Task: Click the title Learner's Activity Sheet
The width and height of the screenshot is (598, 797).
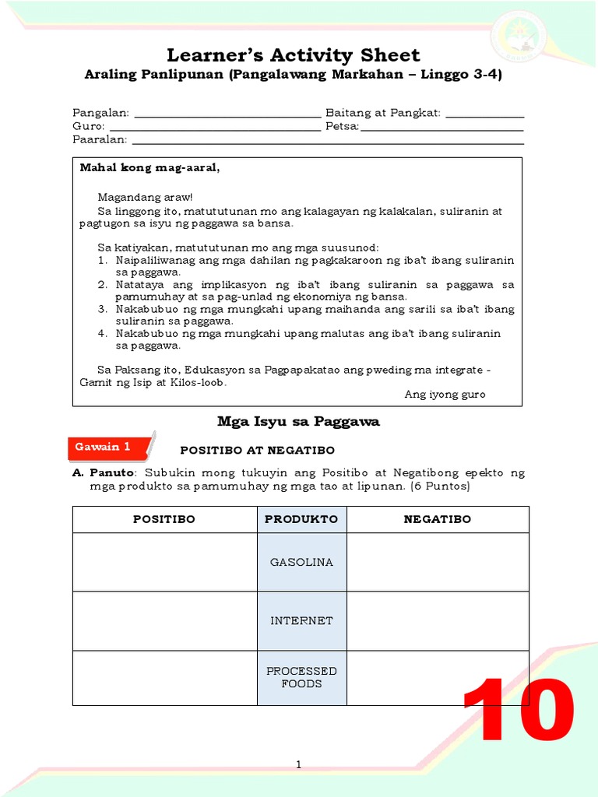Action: (x=294, y=55)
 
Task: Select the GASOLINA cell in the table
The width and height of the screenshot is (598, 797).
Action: (x=301, y=562)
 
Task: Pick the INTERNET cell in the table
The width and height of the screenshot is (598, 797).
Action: (x=301, y=621)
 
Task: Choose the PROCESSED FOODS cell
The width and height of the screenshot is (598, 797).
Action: (x=301, y=677)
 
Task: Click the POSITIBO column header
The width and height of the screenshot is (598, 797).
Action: (x=164, y=519)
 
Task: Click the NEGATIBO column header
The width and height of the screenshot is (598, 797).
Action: (x=437, y=519)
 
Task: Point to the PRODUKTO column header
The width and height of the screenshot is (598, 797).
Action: (x=301, y=519)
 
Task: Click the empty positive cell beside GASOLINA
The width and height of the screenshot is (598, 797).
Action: (x=164, y=562)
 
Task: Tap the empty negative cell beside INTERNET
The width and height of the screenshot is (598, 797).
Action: (x=437, y=621)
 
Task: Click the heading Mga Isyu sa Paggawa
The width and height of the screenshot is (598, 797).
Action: (x=298, y=422)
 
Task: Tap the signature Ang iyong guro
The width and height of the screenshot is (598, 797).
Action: (x=445, y=395)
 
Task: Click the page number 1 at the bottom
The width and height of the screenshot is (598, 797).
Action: (x=298, y=766)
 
